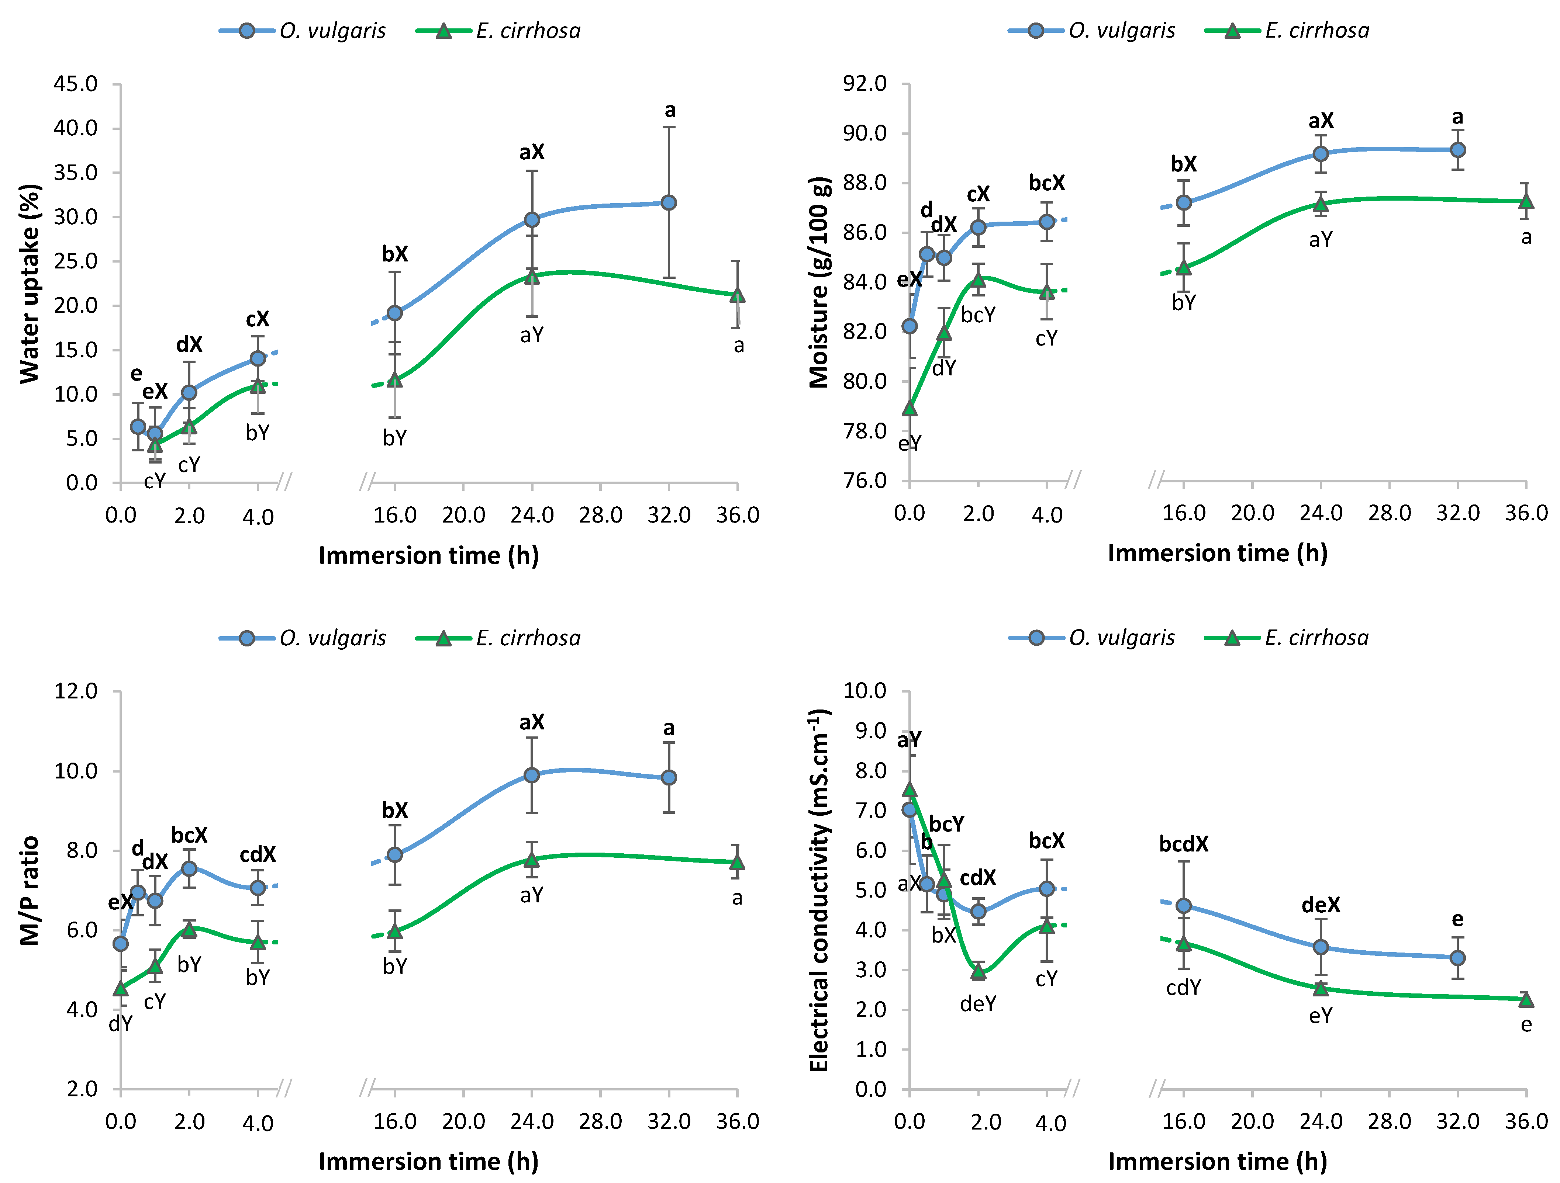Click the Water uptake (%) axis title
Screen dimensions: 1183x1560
[30, 284]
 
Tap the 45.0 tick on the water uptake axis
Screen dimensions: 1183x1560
[76, 84]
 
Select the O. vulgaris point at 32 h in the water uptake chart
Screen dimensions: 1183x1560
[669, 202]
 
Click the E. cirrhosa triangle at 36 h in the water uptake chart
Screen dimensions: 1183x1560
[737, 295]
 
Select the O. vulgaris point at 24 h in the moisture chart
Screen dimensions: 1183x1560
[1320, 154]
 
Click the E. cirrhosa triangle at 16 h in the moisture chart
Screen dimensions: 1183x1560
[1183, 268]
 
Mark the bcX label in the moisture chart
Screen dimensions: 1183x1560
[1046, 183]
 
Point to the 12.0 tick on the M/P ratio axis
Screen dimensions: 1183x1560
[76, 691]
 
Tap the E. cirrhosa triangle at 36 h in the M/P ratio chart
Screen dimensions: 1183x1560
[737, 862]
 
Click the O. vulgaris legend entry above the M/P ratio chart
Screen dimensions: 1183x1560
[303, 638]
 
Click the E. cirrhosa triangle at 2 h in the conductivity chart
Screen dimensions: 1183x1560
[977, 972]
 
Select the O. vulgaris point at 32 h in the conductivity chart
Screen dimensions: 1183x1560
[1457, 957]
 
